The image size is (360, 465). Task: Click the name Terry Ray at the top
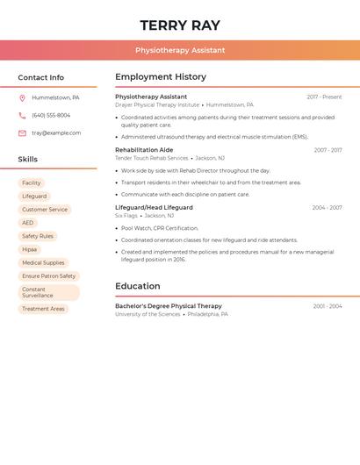tap(180, 25)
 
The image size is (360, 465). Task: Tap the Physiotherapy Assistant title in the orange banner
tap(180, 50)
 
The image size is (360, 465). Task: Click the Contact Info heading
tap(40, 77)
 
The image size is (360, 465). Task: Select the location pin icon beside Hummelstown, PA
tap(22, 98)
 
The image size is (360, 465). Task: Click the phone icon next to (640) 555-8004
tap(22, 116)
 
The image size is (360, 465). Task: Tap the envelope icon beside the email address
tap(22, 133)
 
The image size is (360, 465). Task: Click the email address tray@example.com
tap(56, 133)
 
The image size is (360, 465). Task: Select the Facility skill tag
tap(32, 183)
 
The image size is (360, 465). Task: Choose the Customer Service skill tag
tap(45, 210)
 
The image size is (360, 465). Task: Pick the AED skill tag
tap(28, 223)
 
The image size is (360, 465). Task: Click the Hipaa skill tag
tap(30, 249)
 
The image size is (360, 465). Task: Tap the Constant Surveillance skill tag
tap(48, 292)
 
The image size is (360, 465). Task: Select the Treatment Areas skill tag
tap(43, 309)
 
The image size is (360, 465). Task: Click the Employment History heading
tap(161, 76)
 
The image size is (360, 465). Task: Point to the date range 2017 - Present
tap(324, 97)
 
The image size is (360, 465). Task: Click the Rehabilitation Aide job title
tap(144, 150)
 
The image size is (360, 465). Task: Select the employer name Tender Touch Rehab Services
tap(152, 158)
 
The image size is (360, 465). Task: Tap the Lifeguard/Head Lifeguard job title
tap(154, 208)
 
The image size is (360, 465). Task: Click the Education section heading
tap(138, 286)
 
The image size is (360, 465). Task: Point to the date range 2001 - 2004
tap(328, 306)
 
